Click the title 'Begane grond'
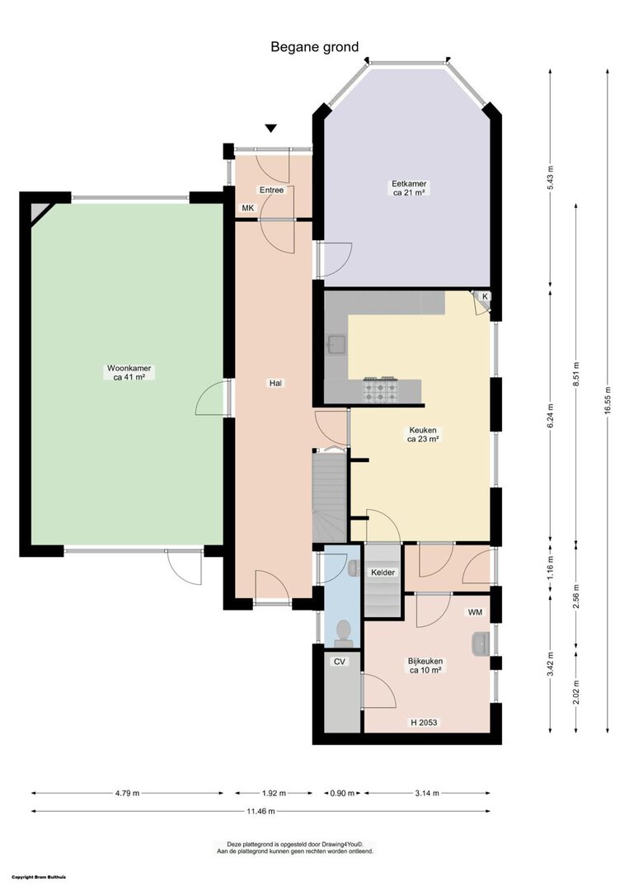(x=315, y=46)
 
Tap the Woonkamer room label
(x=129, y=372)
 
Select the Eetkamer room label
(x=410, y=188)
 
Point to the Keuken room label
(x=423, y=434)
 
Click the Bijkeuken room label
(x=425, y=666)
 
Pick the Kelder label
(x=383, y=573)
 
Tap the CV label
(x=340, y=662)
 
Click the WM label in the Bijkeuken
(x=475, y=612)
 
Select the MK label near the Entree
(x=248, y=208)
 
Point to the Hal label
(x=276, y=383)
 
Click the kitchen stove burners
(x=380, y=389)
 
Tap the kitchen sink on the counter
(x=337, y=344)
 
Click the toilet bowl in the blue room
(x=343, y=633)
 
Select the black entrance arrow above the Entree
(x=271, y=129)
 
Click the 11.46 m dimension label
(x=261, y=811)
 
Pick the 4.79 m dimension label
(x=127, y=793)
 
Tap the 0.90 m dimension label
(x=342, y=793)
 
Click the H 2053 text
(x=424, y=722)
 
